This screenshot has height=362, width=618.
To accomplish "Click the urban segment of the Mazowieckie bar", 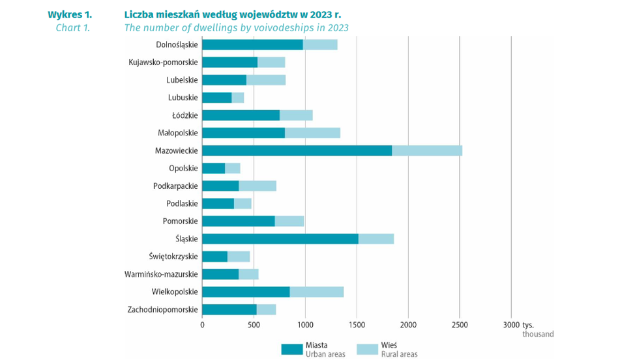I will tap(297, 150).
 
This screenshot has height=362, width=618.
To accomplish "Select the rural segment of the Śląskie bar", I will tap(376, 238).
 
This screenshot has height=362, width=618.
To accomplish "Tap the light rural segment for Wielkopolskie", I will tap(317, 292).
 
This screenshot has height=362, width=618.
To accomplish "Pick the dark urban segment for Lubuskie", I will tap(216, 98).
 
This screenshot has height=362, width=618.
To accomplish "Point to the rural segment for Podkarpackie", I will tap(257, 186).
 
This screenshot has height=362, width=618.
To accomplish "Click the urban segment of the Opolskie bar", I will tap(213, 168).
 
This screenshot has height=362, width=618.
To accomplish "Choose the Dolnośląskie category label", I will tap(177, 45).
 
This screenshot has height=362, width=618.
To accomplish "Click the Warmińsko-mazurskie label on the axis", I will tap(160, 274).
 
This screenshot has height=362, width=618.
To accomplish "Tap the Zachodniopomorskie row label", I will tap(163, 309).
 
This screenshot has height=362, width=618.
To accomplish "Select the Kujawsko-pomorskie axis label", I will tap(163, 63).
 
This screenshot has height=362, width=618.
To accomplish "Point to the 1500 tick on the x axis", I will tap(357, 324).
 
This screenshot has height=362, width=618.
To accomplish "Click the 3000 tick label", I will tap(510, 324).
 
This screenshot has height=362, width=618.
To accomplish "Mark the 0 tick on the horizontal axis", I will tap(202, 324).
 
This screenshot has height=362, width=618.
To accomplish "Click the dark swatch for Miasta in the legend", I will tap(292, 349).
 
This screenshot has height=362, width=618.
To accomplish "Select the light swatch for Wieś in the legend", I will tap(367, 349).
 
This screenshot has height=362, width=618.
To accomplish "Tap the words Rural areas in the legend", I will tap(400, 354).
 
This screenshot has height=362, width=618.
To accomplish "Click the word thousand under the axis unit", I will tap(538, 334).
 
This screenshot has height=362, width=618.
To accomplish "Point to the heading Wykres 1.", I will tap(70, 14).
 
